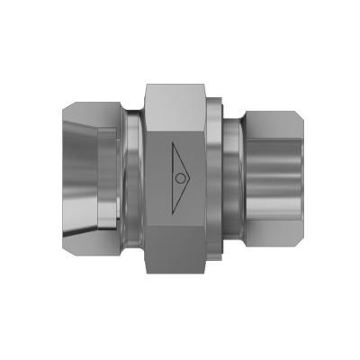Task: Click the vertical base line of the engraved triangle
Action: (x=170, y=178)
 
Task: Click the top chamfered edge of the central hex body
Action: (x=180, y=88)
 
